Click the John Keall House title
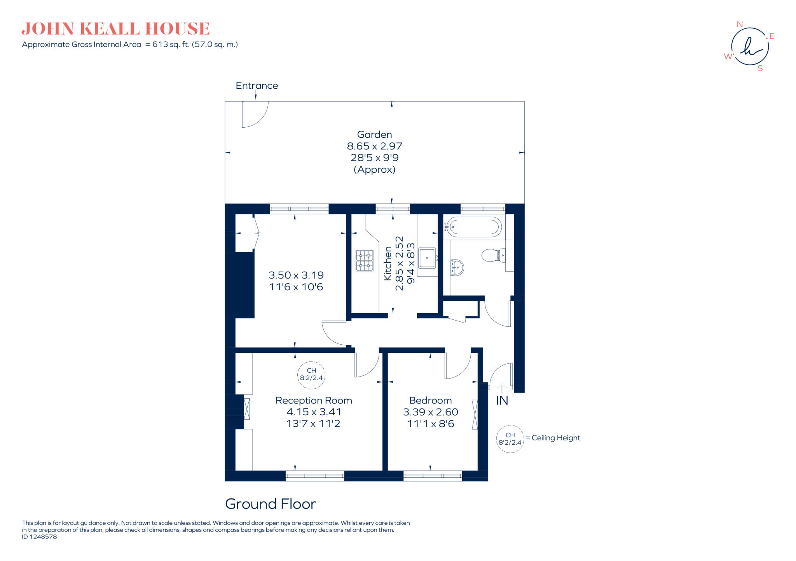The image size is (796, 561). (x=115, y=29)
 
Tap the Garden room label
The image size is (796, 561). (x=374, y=135)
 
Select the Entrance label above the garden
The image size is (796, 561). (x=257, y=86)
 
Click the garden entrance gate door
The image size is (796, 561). (x=255, y=114)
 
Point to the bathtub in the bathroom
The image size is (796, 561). (x=473, y=227)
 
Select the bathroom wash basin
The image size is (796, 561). (x=457, y=268)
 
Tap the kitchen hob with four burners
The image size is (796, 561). (x=364, y=261)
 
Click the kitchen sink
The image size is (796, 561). (x=427, y=258)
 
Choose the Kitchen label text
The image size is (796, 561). (x=388, y=263)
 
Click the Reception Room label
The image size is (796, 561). (x=314, y=400)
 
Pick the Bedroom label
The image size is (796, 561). (x=430, y=400)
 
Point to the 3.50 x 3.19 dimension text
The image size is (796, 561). (x=296, y=275)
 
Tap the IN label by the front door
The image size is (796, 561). (x=502, y=400)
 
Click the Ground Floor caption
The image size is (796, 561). (x=271, y=504)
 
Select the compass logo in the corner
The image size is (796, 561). (x=750, y=46)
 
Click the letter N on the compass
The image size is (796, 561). (x=740, y=25)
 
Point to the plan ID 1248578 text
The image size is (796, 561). (x=39, y=536)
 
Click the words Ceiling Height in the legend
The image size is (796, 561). (x=556, y=438)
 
